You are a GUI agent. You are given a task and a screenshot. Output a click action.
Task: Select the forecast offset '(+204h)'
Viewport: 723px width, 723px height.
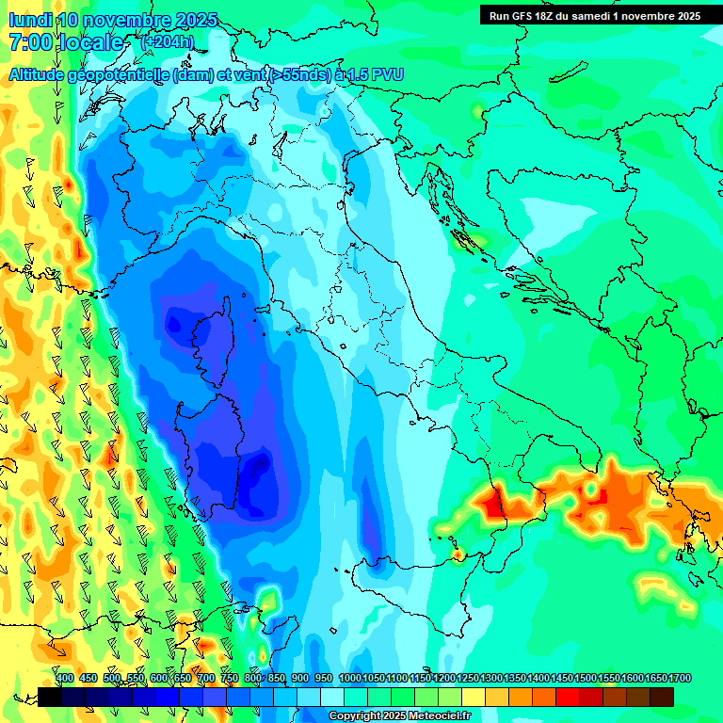168,42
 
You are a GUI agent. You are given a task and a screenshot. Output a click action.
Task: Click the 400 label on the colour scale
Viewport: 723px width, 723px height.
65,679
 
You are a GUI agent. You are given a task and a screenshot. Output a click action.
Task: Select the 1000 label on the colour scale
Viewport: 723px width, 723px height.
349,679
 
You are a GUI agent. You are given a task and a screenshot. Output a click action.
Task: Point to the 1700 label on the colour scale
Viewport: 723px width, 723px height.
680,679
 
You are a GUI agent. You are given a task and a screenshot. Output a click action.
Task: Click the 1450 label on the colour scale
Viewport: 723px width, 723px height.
562,679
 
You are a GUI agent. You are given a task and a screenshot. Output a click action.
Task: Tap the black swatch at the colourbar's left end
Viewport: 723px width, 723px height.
50,697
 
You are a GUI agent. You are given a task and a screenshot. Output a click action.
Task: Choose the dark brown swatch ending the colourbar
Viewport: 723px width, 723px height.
662,697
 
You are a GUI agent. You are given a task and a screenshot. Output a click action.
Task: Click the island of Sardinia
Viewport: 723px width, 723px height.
217,442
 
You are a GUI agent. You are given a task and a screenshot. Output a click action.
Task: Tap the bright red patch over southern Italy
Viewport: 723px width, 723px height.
493,505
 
